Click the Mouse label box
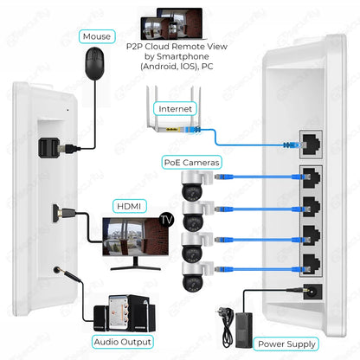tap(95, 36)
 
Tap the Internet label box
tap(176, 109)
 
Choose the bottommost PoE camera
tap(189, 280)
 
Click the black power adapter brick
tap(245, 325)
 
